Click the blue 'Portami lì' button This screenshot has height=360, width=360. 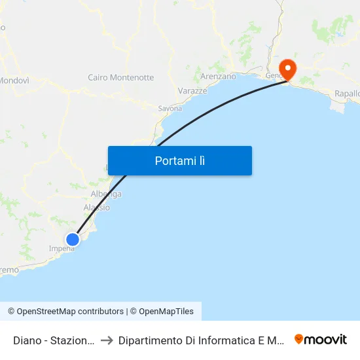point(179,160)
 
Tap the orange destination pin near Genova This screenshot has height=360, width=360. point(287,69)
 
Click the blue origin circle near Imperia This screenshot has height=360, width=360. point(73,240)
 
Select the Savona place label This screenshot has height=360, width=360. point(170,108)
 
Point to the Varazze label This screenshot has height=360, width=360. point(192,91)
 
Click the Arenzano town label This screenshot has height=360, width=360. point(218,77)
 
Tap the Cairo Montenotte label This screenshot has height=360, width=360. point(121,77)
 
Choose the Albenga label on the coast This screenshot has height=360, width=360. point(105,194)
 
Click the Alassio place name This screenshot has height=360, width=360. point(97,207)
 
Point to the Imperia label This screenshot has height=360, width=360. point(62,249)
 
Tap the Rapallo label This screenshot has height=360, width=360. point(348,94)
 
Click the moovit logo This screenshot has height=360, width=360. point(321,339)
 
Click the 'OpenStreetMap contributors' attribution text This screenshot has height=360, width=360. point(70,312)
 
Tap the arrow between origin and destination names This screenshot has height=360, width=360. point(107,340)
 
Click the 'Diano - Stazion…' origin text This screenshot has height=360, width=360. point(54,340)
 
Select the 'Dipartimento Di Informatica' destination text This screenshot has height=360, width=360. point(200,340)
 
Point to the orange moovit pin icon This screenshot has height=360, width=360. point(299,339)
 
